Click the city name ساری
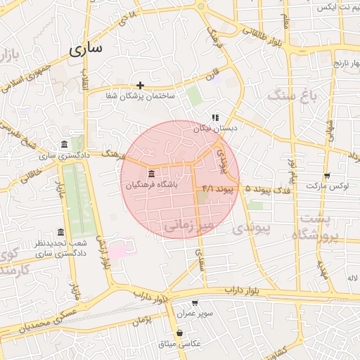pos(86,49)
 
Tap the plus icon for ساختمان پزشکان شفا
pos(140,85)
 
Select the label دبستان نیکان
pos(216,129)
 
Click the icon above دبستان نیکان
pos(214,118)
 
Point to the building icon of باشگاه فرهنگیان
pos(151,174)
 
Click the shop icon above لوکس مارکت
pos(326,176)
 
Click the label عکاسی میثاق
pos(181,344)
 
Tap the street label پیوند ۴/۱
pos(217,188)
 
